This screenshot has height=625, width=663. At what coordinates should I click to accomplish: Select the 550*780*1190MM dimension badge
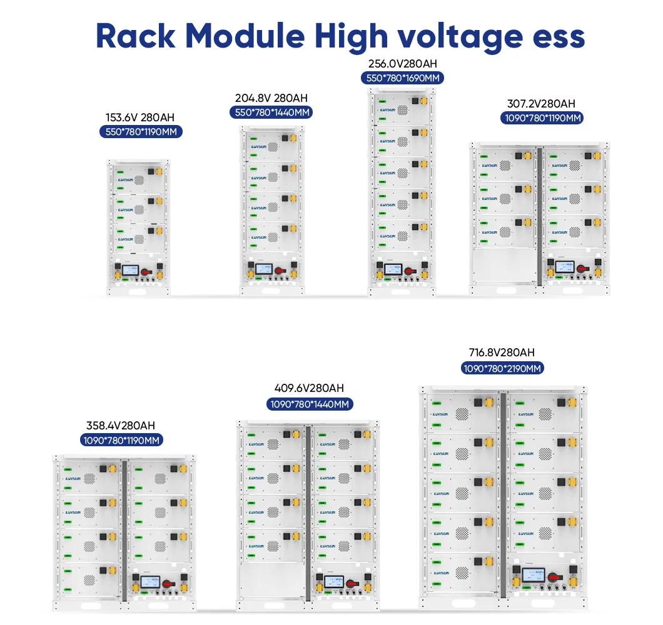[141, 132]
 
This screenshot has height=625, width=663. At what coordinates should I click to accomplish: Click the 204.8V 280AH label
[271, 98]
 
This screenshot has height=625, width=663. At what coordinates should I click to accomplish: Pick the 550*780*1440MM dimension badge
[272, 112]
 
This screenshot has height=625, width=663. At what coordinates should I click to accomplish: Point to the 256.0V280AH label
[402, 64]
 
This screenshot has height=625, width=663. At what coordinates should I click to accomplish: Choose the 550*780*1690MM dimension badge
[402, 77]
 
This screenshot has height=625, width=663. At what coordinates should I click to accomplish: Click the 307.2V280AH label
[541, 104]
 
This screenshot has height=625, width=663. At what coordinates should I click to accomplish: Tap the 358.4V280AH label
[122, 426]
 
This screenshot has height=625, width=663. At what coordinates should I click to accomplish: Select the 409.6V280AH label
[309, 389]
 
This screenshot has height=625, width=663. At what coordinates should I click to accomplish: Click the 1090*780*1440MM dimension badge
[310, 404]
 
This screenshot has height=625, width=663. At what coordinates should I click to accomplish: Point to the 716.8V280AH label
[502, 352]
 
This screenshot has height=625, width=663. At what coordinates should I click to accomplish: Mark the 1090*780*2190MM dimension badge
[502, 368]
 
